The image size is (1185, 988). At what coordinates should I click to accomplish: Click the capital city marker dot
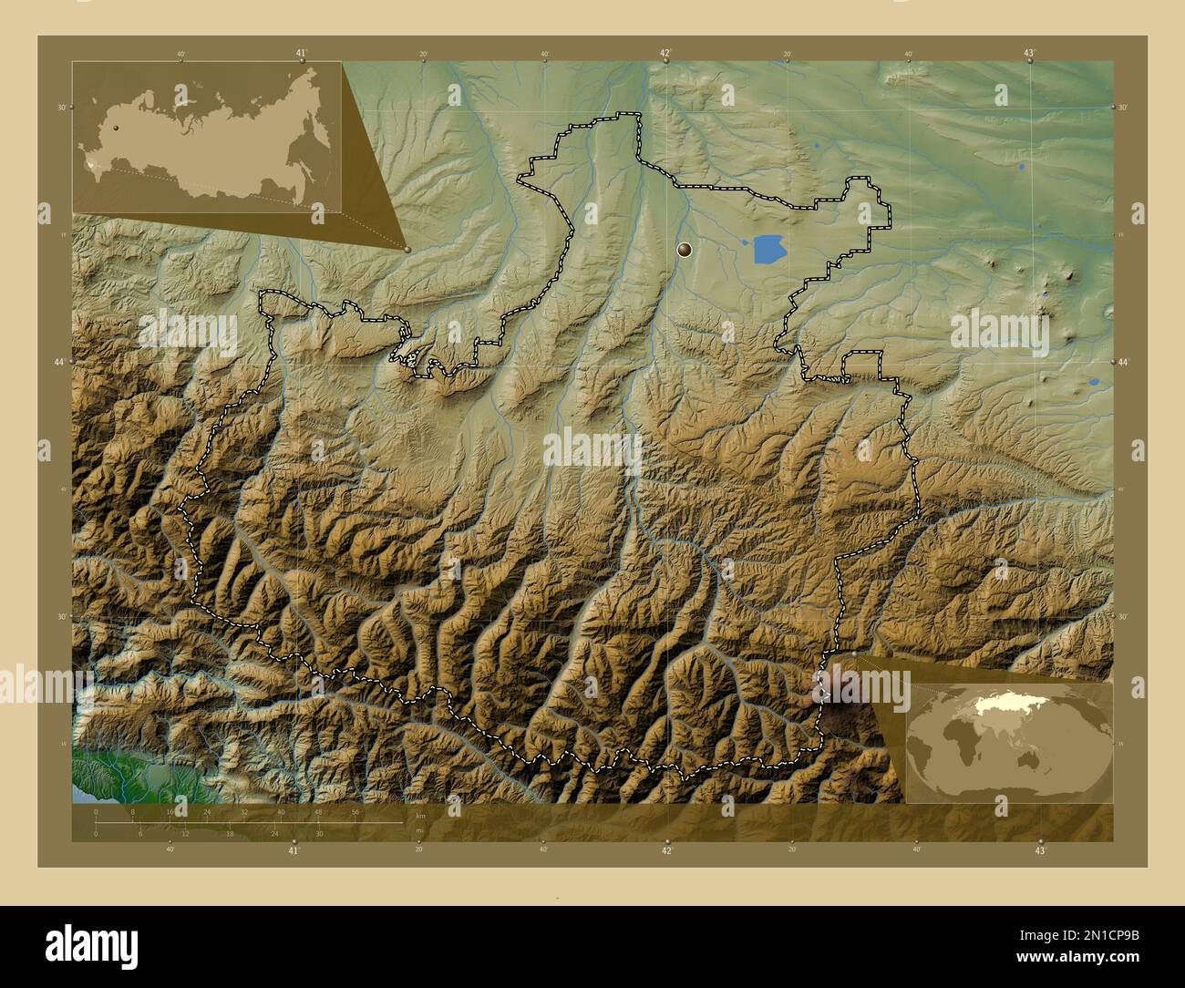[685, 249]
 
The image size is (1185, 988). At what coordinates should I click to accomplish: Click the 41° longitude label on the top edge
[302, 53]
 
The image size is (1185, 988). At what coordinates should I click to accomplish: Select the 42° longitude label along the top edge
[665, 53]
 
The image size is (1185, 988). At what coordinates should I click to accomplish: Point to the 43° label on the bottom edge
[1041, 850]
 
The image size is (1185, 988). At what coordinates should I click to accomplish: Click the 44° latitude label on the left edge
[60, 363]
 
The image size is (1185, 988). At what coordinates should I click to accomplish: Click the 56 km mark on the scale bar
[355, 811]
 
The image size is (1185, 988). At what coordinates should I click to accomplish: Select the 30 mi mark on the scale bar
[319, 833]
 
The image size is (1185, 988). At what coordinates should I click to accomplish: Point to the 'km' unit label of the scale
[419, 815]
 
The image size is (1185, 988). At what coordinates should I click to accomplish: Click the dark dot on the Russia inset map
[117, 129]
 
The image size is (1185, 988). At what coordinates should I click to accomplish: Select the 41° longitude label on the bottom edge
[294, 850]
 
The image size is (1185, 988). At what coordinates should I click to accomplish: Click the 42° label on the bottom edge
[667, 850]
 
